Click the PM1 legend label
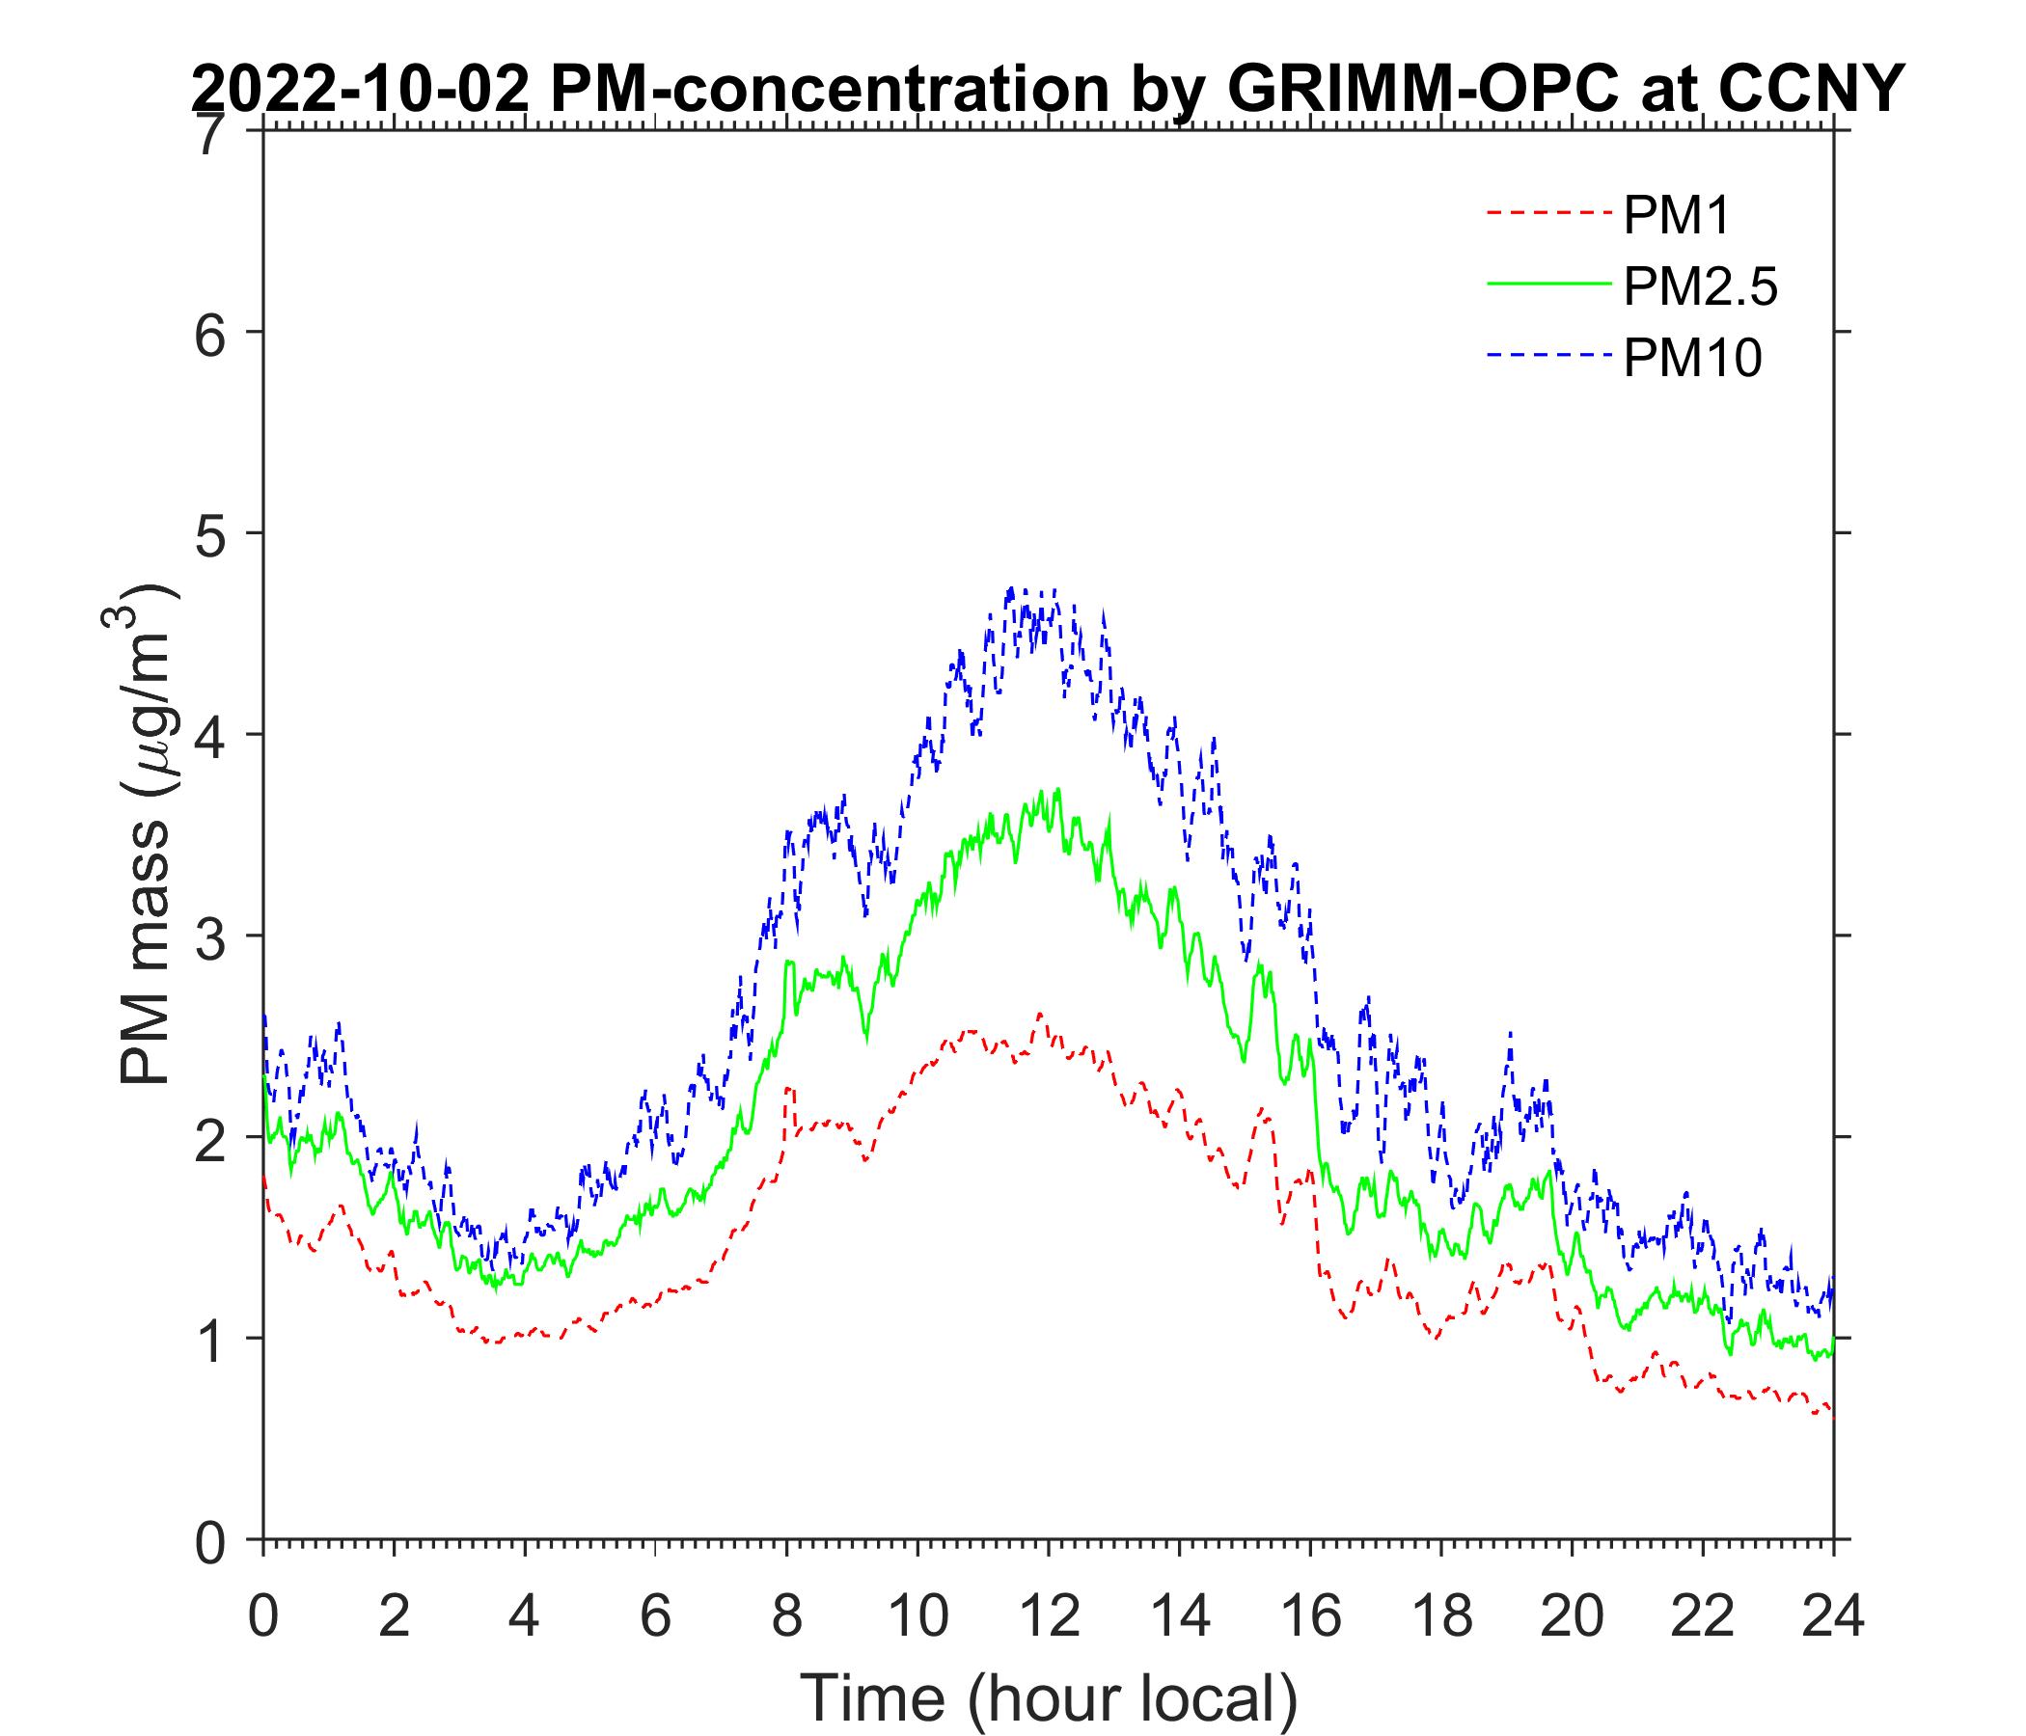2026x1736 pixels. point(1676,216)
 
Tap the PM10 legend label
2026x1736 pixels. point(1691,359)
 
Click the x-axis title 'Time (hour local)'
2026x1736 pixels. point(1050,1696)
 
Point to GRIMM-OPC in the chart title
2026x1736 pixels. point(1405,90)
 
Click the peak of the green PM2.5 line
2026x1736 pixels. point(1058,790)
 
